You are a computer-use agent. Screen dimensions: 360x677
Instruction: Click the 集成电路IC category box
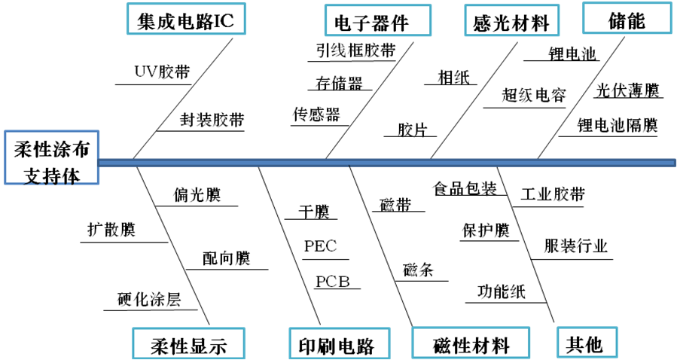(185, 21)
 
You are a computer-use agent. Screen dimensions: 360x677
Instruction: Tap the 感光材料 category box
(511, 22)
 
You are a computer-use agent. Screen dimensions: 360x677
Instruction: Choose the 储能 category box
(627, 20)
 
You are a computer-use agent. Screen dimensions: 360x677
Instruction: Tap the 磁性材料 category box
(471, 345)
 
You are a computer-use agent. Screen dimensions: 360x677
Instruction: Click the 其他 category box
(585, 343)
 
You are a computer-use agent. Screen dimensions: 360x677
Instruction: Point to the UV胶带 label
(162, 72)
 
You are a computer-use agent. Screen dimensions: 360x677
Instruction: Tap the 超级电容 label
(534, 95)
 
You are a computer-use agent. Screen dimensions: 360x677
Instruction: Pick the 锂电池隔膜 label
(618, 124)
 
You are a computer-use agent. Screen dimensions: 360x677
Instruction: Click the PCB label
(333, 282)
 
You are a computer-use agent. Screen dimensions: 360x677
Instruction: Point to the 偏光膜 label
(196, 195)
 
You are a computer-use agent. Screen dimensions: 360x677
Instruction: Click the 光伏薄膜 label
(627, 91)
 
